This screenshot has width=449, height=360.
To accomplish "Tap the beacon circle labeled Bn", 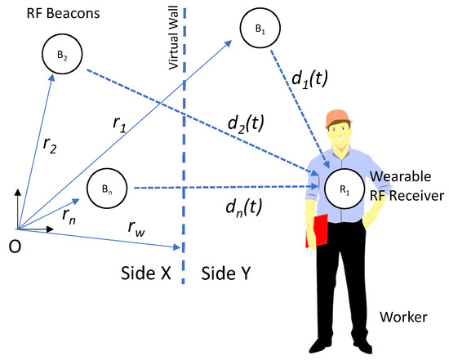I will (x=107, y=187).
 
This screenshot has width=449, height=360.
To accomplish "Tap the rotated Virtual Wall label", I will (x=172, y=47).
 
